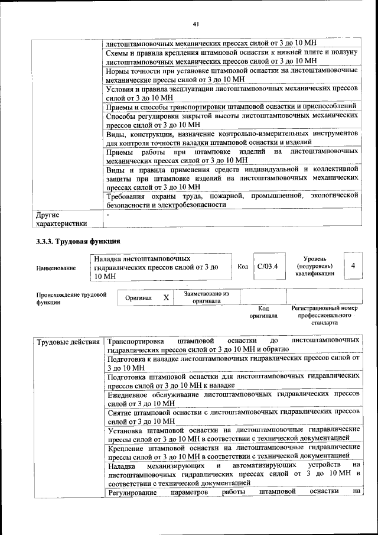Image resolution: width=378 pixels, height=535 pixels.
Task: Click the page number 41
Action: point(195,24)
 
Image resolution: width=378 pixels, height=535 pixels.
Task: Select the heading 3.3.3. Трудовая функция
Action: point(78,241)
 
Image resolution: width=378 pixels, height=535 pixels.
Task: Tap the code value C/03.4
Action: point(268,266)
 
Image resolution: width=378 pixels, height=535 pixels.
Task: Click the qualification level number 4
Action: point(353,266)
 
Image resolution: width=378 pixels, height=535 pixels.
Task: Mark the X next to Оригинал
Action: point(167,298)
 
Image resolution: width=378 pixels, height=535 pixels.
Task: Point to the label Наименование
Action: point(56,268)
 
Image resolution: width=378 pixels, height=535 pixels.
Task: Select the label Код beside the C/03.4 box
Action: point(242,266)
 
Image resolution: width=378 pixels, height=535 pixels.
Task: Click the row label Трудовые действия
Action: point(68,342)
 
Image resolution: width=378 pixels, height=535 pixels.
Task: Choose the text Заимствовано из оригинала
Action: point(206,297)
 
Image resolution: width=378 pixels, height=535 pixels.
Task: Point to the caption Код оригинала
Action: point(263,312)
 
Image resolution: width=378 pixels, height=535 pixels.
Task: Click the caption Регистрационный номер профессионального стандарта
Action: point(324,316)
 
